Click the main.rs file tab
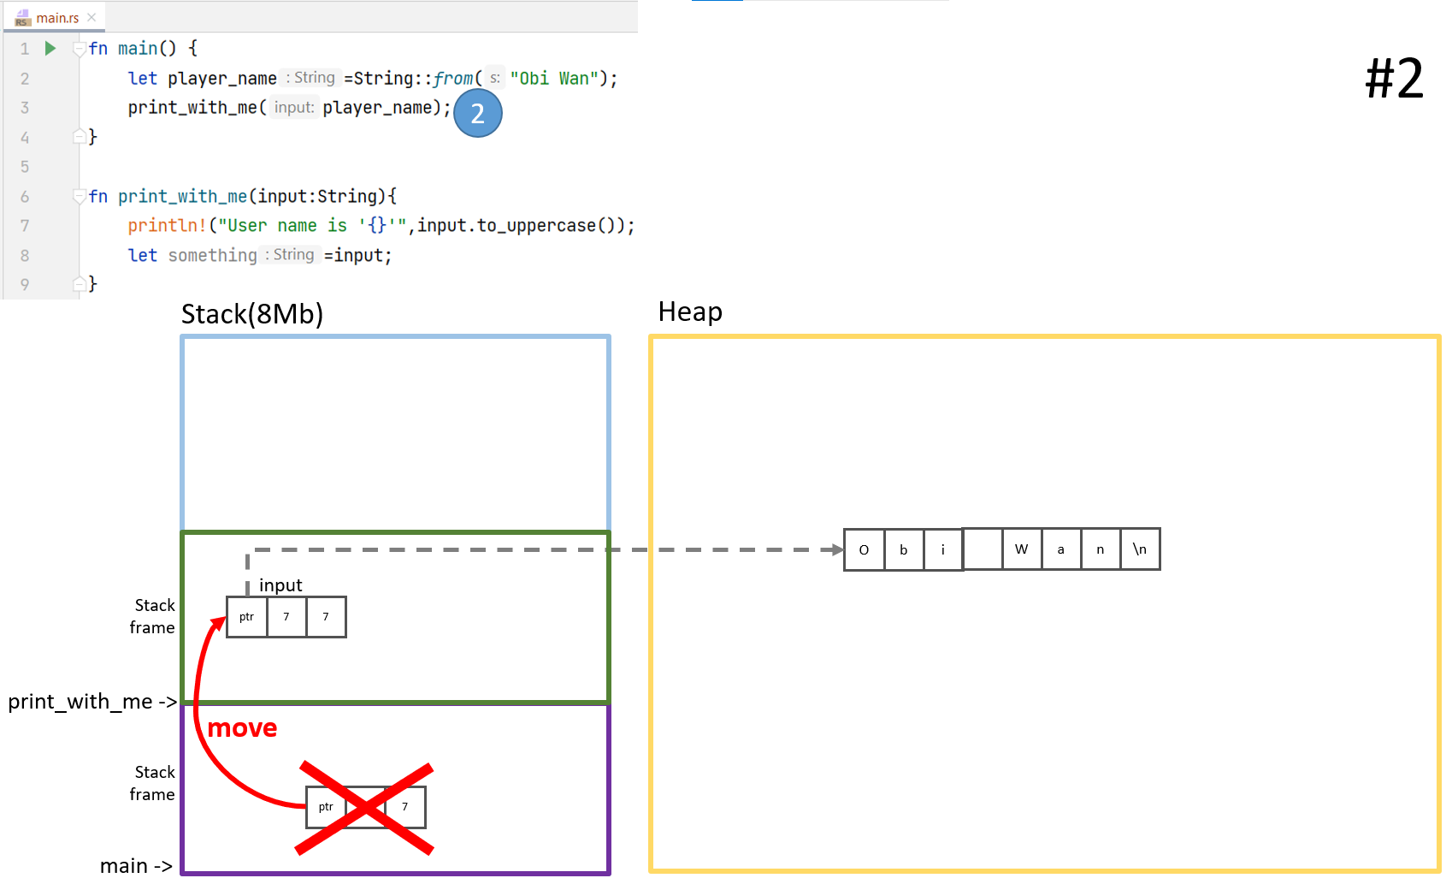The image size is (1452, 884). pos(56,18)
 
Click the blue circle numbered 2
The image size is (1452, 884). pos(477,114)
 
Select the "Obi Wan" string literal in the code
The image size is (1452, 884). pos(554,79)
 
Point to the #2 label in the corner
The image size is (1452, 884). pos(1394,79)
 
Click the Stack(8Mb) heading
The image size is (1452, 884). pos(251,314)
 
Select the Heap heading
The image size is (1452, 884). pos(690,312)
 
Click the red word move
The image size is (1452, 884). pos(242,728)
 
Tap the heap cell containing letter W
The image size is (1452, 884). pos(1021,549)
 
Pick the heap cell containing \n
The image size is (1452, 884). pos(1140,549)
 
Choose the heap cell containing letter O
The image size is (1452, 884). pos(864,549)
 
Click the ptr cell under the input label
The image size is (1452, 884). pos(246,617)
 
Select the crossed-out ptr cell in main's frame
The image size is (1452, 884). pos(326,807)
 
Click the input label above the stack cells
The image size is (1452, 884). pos(280,585)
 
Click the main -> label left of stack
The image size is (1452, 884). pos(135,866)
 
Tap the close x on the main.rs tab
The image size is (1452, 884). pos(91,17)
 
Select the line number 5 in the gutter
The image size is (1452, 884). pos(25,167)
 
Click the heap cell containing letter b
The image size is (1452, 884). pos(903,549)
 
